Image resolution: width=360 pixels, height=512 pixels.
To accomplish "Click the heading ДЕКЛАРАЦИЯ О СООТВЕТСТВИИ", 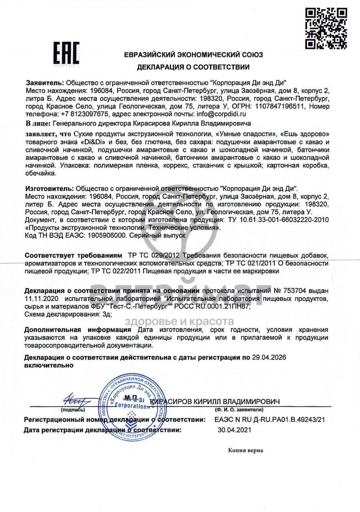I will point(193,67).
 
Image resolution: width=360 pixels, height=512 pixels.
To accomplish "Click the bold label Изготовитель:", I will point(49,188).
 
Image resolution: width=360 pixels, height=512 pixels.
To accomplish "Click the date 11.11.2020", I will point(42,299).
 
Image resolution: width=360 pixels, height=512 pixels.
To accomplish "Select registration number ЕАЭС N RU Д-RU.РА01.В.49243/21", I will point(270,420).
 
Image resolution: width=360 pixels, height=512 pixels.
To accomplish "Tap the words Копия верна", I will point(246,450).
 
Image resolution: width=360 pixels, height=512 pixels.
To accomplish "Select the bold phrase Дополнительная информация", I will point(78,330).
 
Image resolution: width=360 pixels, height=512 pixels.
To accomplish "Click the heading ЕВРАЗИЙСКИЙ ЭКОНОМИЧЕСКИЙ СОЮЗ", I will point(193,55).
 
